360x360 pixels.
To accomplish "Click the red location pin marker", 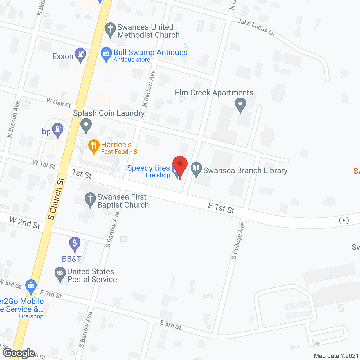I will click(x=180, y=165).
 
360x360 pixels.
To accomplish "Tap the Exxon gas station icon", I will click(x=80, y=54).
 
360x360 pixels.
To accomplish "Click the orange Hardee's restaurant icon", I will click(x=94, y=146).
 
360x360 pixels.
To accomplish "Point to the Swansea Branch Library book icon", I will click(x=196, y=169).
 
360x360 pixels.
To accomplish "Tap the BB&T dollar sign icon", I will click(x=75, y=243).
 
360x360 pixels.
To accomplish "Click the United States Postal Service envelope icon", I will click(x=60, y=273).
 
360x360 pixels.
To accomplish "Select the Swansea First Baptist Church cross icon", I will click(x=90, y=199).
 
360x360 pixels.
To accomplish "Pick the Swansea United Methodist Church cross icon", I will click(x=110, y=29).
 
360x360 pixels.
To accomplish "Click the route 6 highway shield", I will click(x=344, y=220).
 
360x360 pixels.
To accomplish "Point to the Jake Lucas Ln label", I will click(x=256, y=27).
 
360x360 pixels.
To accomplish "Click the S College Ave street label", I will click(x=238, y=241).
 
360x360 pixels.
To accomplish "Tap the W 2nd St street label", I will click(x=25, y=223).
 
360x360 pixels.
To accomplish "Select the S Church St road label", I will click(x=56, y=199).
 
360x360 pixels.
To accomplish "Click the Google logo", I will click(x=19, y=353).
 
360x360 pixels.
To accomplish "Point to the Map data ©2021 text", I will click(x=336, y=356).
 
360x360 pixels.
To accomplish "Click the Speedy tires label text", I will click(x=148, y=168).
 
